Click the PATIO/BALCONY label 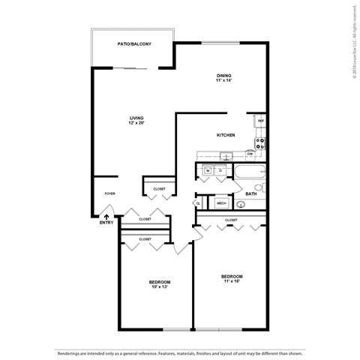(x=134, y=45)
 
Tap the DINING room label (x=224, y=76)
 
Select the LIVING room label (x=136, y=118)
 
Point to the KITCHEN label (x=226, y=135)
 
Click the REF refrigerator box (x=260, y=120)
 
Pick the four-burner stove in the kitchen (x=260, y=142)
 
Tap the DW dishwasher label (x=250, y=154)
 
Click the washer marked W (x=207, y=171)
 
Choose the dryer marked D (x=220, y=171)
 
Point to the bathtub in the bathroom (x=247, y=174)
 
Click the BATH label (x=251, y=193)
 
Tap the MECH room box (x=221, y=202)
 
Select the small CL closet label (x=199, y=202)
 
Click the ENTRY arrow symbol (x=106, y=216)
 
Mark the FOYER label (x=109, y=193)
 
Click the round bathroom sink (x=241, y=203)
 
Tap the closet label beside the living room (x=160, y=189)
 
